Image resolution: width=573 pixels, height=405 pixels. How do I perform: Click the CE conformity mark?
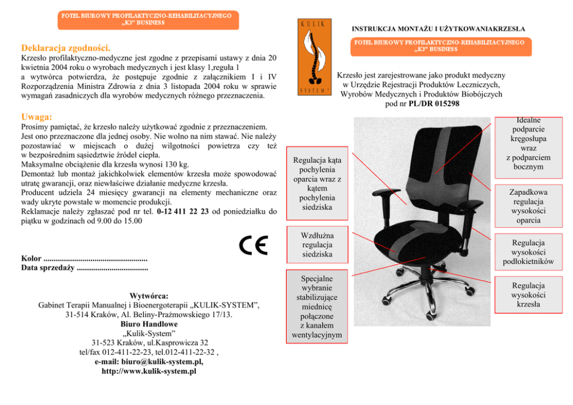pyautogui.click(x=254, y=245)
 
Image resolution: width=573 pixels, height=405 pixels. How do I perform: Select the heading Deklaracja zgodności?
pyautogui.click(x=65, y=47)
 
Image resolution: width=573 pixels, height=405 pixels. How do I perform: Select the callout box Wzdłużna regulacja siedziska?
pyautogui.click(x=317, y=245)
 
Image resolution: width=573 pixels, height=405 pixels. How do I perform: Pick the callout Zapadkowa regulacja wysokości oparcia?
pyautogui.click(x=528, y=206)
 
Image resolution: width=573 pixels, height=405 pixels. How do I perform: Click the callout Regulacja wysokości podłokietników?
pyautogui.click(x=528, y=252)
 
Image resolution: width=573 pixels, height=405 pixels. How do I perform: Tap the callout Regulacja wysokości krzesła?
pyautogui.click(x=528, y=295)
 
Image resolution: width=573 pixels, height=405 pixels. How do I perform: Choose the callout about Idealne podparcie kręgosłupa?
pyautogui.click(x=528, y=144)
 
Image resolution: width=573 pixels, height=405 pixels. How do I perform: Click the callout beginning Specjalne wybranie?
pyautogui.click(x=317, y=306)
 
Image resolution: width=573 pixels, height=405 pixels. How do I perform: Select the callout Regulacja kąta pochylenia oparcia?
pyautogui.click(x=317, y=183)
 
